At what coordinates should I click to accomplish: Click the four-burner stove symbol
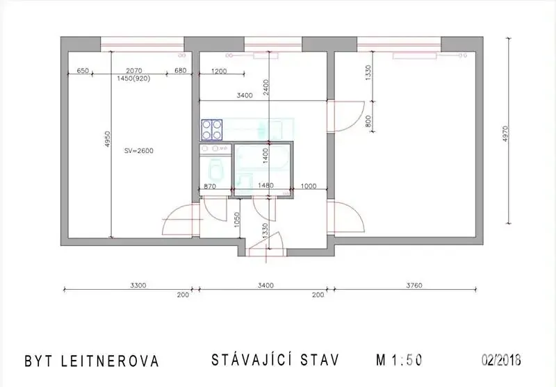click(212, 129)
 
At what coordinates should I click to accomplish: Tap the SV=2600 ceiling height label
click(139, 151)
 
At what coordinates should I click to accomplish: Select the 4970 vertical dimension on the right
click(505, 134)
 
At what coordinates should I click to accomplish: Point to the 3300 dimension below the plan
click(138, 286)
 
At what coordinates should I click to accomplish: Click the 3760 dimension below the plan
click(414, 286)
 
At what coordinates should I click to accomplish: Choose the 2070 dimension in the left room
click(133, 71)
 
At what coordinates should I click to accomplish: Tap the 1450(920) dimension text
click(133, 79)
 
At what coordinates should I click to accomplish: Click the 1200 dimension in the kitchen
click(219, 72)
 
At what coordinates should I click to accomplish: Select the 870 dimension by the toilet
click(210, 186)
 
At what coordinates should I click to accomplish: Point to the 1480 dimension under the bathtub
click(265, 186)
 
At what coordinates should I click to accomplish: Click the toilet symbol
click(215, 170)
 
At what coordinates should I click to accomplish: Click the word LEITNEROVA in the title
click(110, 361)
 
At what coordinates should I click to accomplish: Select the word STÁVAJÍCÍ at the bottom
click(252, 359)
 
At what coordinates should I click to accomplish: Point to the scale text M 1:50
click(399, 361)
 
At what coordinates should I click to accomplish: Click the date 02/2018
click(501, 360)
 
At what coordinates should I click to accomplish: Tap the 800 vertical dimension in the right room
click(368, 121)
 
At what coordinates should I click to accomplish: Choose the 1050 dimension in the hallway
click(237, 220)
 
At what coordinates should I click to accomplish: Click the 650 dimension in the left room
click(83, 71)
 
